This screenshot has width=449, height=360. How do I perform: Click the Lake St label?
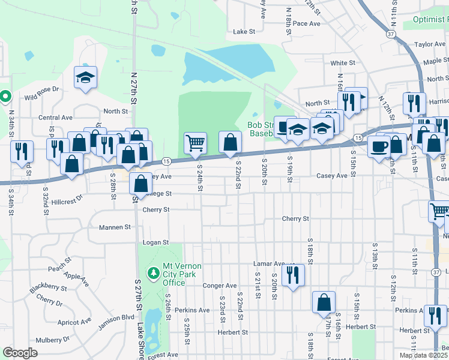244,31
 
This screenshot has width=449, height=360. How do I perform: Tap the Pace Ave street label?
307,23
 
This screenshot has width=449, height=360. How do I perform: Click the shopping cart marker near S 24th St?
195,143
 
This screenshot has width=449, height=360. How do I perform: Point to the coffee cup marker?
378,146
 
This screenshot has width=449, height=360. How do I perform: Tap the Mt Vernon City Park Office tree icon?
154,273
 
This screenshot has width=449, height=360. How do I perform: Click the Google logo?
20,353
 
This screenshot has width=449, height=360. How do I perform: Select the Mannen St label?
119,227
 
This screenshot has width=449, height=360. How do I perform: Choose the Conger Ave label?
220,286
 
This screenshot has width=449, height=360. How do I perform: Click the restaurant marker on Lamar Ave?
293,275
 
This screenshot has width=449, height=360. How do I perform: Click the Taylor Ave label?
430,44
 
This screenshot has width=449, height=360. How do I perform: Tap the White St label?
343,63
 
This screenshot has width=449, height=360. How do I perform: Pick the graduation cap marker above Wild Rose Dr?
86,77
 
